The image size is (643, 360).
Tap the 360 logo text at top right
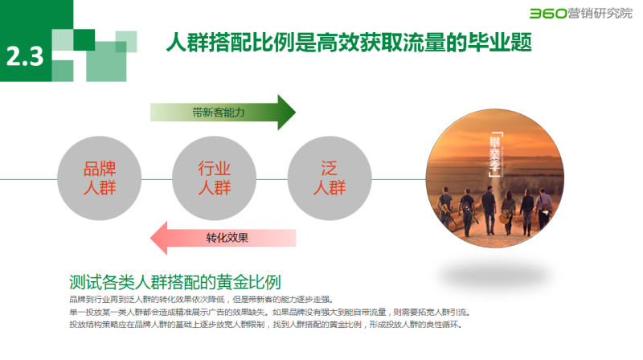[543, 12]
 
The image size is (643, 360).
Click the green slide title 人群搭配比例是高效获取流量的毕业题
[348, 42]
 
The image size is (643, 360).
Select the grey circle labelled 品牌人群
[100, 179]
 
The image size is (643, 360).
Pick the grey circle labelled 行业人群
[214, 179]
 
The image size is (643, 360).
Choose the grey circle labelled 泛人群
[328, 179]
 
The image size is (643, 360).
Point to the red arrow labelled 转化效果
[225, 237]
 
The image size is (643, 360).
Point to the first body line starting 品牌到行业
[201, 299]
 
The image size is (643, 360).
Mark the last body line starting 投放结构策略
[266, 325]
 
